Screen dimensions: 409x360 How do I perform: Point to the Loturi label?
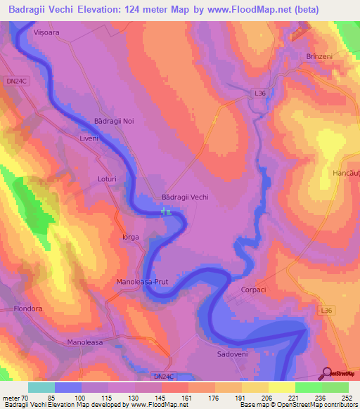106,179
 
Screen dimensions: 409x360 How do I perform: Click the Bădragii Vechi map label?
185,197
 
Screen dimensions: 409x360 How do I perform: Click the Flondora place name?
29,308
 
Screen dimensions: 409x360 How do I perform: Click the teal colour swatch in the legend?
41,387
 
